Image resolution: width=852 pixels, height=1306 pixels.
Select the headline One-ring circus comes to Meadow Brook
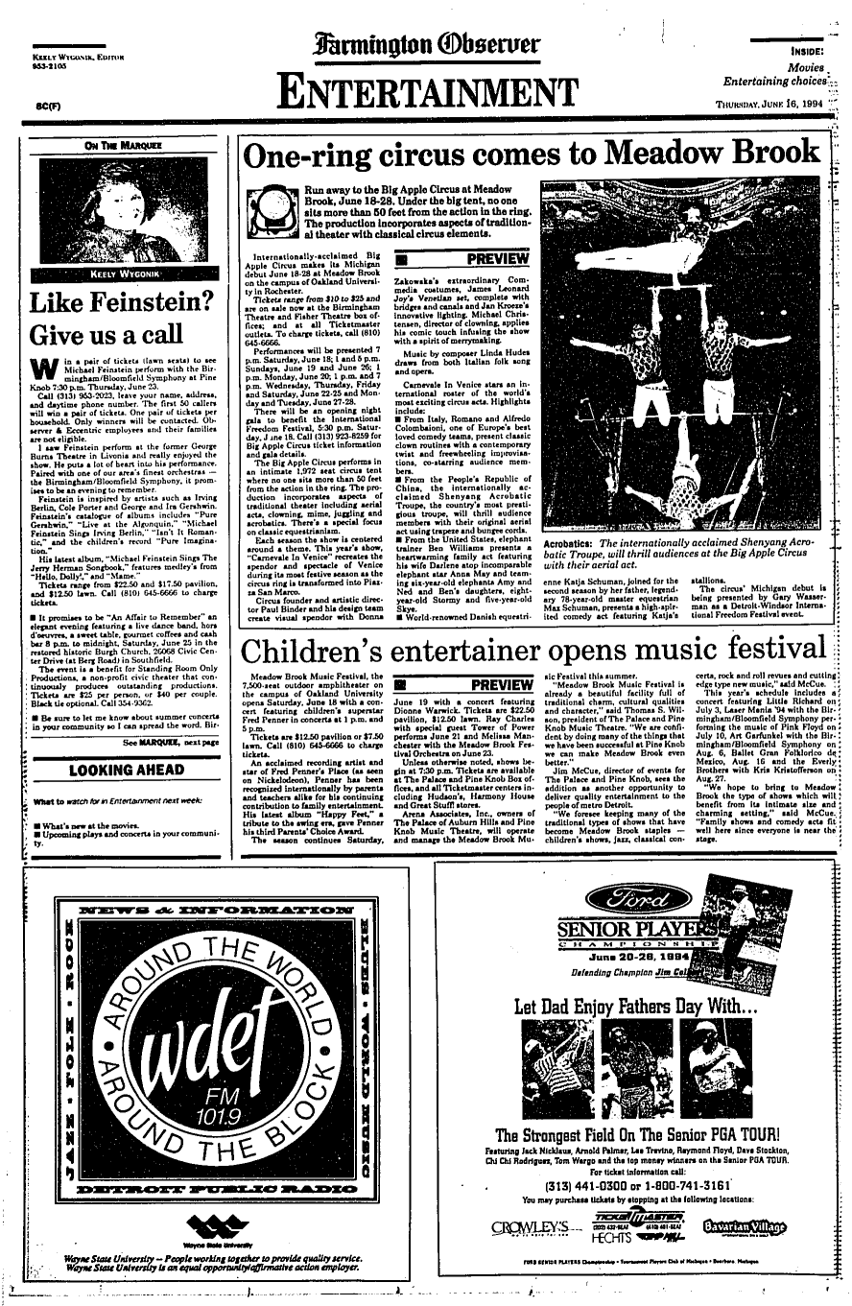530,154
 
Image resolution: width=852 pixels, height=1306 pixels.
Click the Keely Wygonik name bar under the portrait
116,273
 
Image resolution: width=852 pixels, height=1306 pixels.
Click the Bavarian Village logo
745,1226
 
